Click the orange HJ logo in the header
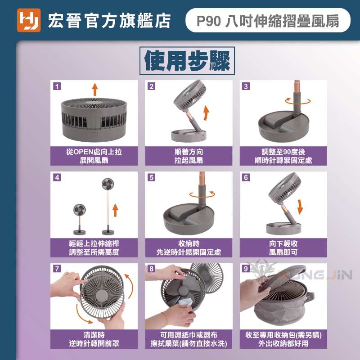pyautogui.click(x=29, y=20)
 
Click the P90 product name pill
pyautogui.click(x=268, y=20)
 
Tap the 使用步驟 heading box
pyautogui.click(x=187, y=61)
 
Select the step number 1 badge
pyautogui.click(x=57, y=86)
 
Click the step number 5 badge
pyautogui.click(x=152, y=177)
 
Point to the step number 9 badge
pyautogui.click(x=246, y=269)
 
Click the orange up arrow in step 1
pyautogui.click(x=95, y=90)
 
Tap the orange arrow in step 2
pyautogui.click(x=207, y=113)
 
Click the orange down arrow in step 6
pyautogui.click(x=300, y=207)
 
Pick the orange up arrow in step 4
pyautogui.click(x=115, y=210)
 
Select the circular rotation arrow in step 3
pyautogui.click(x=298, y=101)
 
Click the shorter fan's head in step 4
pyautogui.click(x=80, y=210)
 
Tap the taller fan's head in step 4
pyautogui.click(x=108, y=184)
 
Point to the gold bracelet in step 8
pyautogui.click(x=165, y=319)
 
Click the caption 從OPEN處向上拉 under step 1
pyautogui.click(x=94, y=152)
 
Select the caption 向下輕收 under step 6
pyautogui.click(x=283, y=243)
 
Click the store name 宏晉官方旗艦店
pyautogui.click(x=109, y=21)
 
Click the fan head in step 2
pyautogui.click(x=189, y=95)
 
